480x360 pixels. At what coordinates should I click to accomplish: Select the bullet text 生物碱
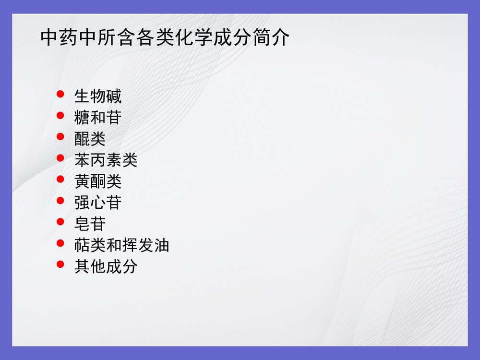coord(98,96)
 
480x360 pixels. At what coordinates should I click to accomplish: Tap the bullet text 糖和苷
coord(98,118)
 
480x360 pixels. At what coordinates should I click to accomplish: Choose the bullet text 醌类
coord(90,139)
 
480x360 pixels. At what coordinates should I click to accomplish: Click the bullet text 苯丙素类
coord(106,160)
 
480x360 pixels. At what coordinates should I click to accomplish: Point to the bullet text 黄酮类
coord(98,181)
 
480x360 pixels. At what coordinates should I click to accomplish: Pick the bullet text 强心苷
coord(98,203)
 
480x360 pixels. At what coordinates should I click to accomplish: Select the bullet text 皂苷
coord(90,224)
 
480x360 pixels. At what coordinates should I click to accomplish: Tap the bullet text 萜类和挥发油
coord(121,245)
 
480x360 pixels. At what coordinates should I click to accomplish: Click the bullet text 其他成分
coord(106,266)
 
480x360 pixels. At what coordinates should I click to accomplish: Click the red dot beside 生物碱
coord(60,94)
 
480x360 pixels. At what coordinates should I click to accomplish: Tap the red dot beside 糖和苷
coord(60,115)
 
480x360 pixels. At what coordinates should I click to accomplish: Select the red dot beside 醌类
coord(60,136)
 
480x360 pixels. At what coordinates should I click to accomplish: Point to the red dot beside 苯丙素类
coord(60,157)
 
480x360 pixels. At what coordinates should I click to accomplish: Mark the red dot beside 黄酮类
coord(60,179)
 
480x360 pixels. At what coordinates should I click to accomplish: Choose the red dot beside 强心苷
coord(60,200)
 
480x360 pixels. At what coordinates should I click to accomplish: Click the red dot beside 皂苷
coord(60,221)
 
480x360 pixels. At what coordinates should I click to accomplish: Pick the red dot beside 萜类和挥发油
coord(60,243)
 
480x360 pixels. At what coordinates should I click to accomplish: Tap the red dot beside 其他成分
coord(60,264)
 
